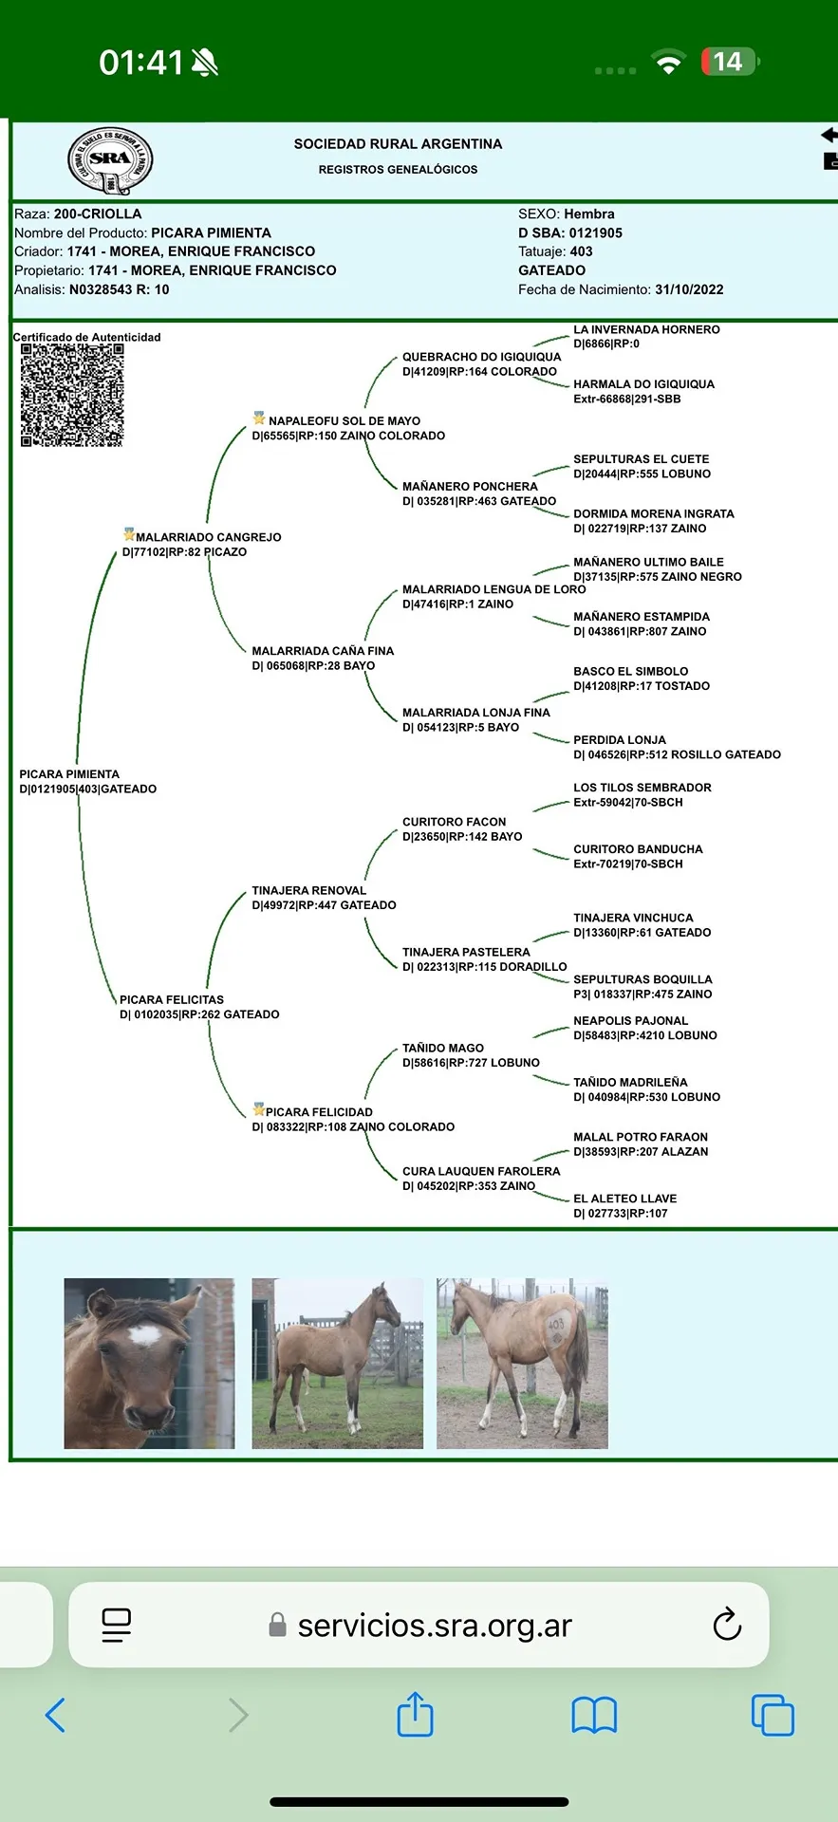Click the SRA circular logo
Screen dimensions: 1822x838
coord(110,159)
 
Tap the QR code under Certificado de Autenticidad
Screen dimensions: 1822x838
coord(72,395)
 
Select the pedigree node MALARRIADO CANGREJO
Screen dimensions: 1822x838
coord(208,537)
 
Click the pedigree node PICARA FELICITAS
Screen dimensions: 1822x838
coord(172,1000)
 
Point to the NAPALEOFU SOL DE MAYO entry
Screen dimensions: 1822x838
coord(344,421)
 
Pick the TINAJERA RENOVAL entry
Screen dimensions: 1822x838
coord(308,891)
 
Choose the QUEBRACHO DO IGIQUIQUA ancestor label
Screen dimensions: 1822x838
coord(481,358)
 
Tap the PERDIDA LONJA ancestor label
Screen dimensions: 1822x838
coord(619,740)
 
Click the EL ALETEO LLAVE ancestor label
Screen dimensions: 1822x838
coord(624,1199)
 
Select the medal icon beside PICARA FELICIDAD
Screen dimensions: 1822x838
coord(258,1109)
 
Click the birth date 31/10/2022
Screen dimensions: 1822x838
coord(689,289)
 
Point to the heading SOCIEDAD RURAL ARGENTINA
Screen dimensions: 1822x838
coord(398,144)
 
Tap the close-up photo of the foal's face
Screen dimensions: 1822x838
coord(149,1363)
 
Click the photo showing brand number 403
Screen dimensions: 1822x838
coord(522,1363)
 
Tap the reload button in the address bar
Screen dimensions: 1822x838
coord(726,1624)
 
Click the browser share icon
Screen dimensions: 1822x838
coord(415,1715)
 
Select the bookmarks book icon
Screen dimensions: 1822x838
coord(594,1715)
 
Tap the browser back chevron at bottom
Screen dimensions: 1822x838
coord(56,1715)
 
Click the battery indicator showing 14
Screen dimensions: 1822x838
coord(729,63)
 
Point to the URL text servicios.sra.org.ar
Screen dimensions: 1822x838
coord(435,1626)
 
